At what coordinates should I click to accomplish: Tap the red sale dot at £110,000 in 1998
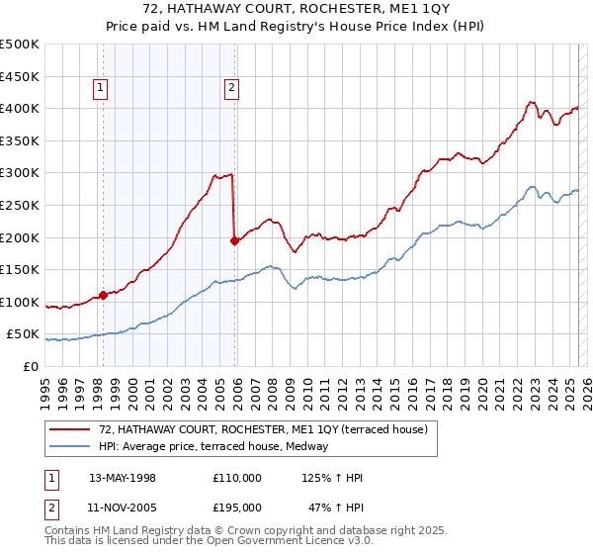coord(103,295)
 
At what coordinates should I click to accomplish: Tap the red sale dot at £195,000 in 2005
coord(234,240)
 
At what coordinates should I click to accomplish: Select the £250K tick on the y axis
coord(20,205)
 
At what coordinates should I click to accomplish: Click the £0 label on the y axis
coord(30,366)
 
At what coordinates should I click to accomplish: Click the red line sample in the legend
coord(71,429)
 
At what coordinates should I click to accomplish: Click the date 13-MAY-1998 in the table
coord(122,478)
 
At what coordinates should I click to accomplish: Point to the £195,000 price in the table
coord(237,506)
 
